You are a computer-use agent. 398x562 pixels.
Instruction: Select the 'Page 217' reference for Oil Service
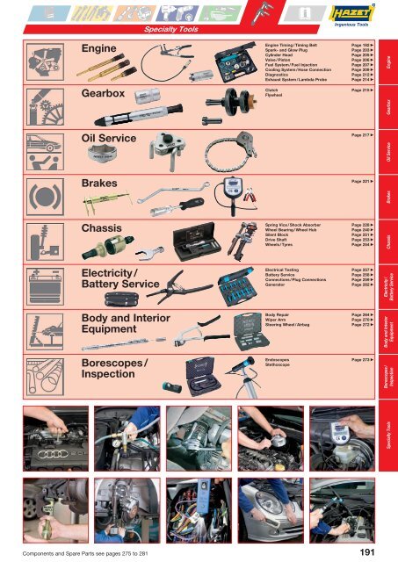pyautogui.click(x=364, y=136)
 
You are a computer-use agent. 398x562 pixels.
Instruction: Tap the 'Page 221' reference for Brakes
pyautogui.click(x=364, y=181)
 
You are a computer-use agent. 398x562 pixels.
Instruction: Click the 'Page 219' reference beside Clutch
pyautogui.click(x=364, y=90)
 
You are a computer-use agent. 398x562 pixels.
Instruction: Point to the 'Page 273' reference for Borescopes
pyautogui.click(x=364, y=360)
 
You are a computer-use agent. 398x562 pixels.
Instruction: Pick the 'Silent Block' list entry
pyautogui.click(x=279, y=235)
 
